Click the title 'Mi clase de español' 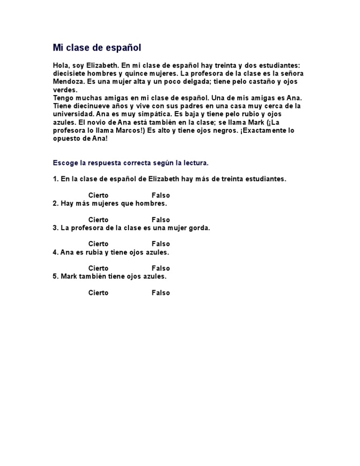pos(97,48)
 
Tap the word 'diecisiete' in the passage pos(68,74)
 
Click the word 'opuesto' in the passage pos(66,139)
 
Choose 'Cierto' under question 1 pos(98,195)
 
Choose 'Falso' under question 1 pos(161,195)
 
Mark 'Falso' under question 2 pos(161,219)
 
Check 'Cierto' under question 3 pos(98,244)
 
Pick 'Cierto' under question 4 pos(98,268)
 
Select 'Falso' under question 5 pos(161,293)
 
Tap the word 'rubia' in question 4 pos(96,252)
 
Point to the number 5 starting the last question pos(55,277)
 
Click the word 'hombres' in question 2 pos(151,203)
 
